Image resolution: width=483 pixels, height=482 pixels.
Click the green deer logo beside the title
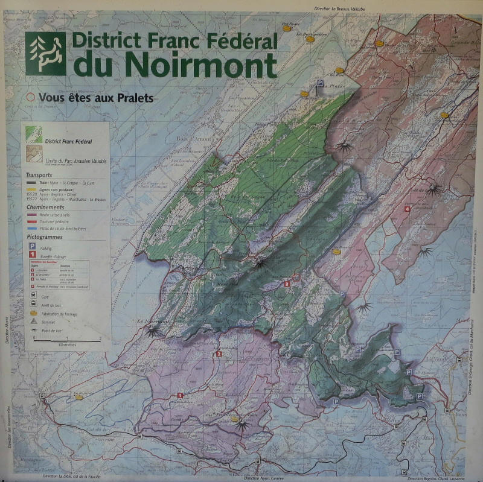tap(46, 53)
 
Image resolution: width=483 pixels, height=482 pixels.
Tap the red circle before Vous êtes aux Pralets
tap(30, 97)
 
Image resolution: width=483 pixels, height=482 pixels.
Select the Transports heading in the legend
tap(40, 174)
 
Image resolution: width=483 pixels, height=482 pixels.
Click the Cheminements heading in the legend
tap(46, 207)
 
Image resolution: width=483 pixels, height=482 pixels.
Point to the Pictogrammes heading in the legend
tap(45, 236)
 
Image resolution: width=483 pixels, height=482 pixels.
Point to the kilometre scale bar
tap(67, 340)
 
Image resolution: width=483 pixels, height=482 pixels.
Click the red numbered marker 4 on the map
tap(408, 209)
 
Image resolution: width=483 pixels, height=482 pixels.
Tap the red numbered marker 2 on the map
tap(219, 354)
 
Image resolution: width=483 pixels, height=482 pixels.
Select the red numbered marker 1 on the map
tap(179, 395)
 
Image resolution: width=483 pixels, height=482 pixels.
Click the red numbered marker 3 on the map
tap(287, 283)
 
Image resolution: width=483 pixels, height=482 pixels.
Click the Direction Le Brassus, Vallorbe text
tap(342, 8)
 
